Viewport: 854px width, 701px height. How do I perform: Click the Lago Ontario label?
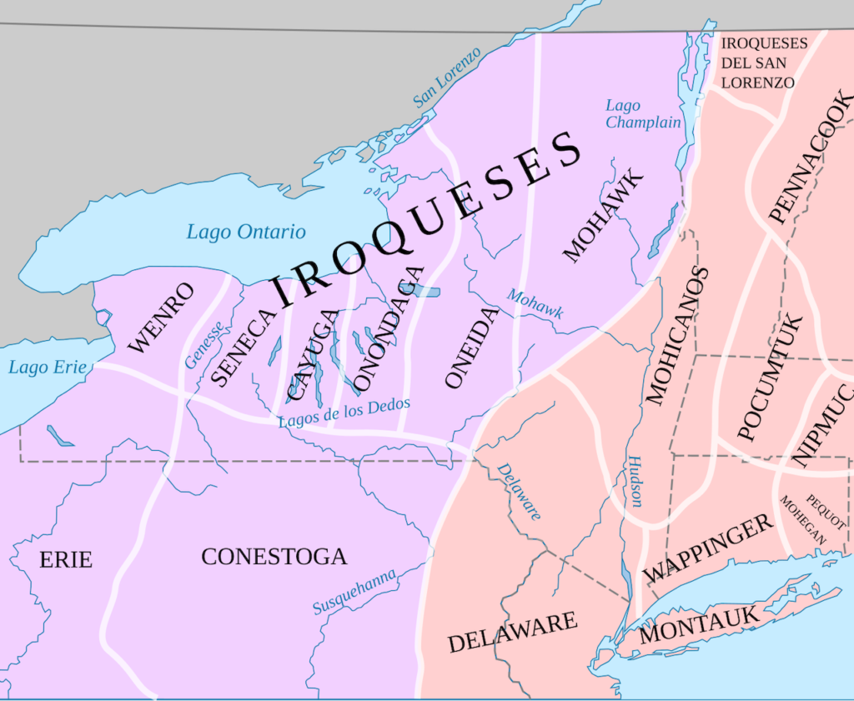246,232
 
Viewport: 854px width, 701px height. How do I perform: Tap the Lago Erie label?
47,367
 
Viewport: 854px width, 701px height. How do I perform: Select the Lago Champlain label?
643,114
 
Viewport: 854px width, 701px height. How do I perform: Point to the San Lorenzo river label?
448,78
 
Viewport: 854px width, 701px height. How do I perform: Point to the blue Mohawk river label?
535,305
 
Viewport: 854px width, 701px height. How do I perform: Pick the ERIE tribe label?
66,559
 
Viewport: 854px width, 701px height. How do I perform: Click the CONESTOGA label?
274,557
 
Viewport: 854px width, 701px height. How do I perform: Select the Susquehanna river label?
354,590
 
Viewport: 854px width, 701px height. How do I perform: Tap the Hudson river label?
635,482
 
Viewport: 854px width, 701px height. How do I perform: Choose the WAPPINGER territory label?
708,549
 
